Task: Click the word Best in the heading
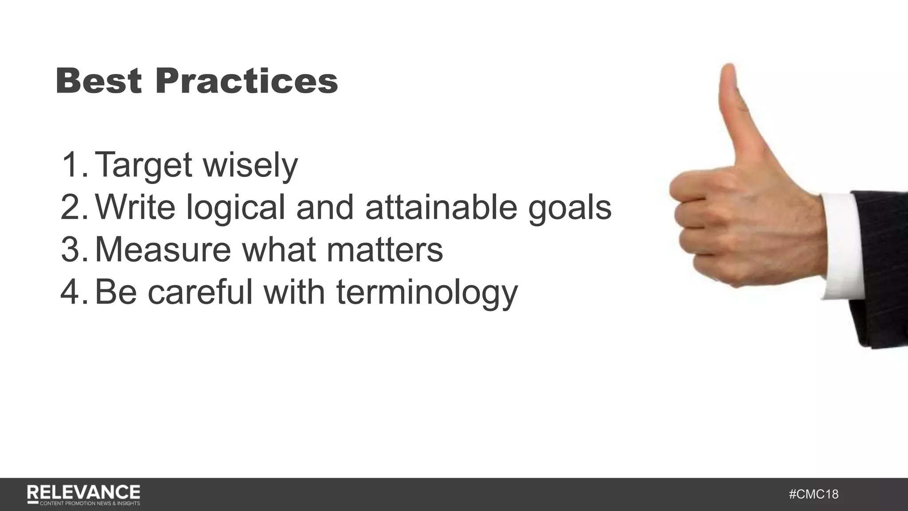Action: pyautogui.click(x=98, y=81)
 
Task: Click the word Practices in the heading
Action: pyautogui.click(x=247, y=81)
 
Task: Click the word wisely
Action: pyautogui.click(x=250, y=165)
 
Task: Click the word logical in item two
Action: pyautogui.click(x=235, y=207)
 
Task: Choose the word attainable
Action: pyautogui.click(x=441, y=207)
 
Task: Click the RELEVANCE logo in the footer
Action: pyautogui.click(x=83, y=494)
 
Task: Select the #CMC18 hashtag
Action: pyautogui.click(x=814, y=494)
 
